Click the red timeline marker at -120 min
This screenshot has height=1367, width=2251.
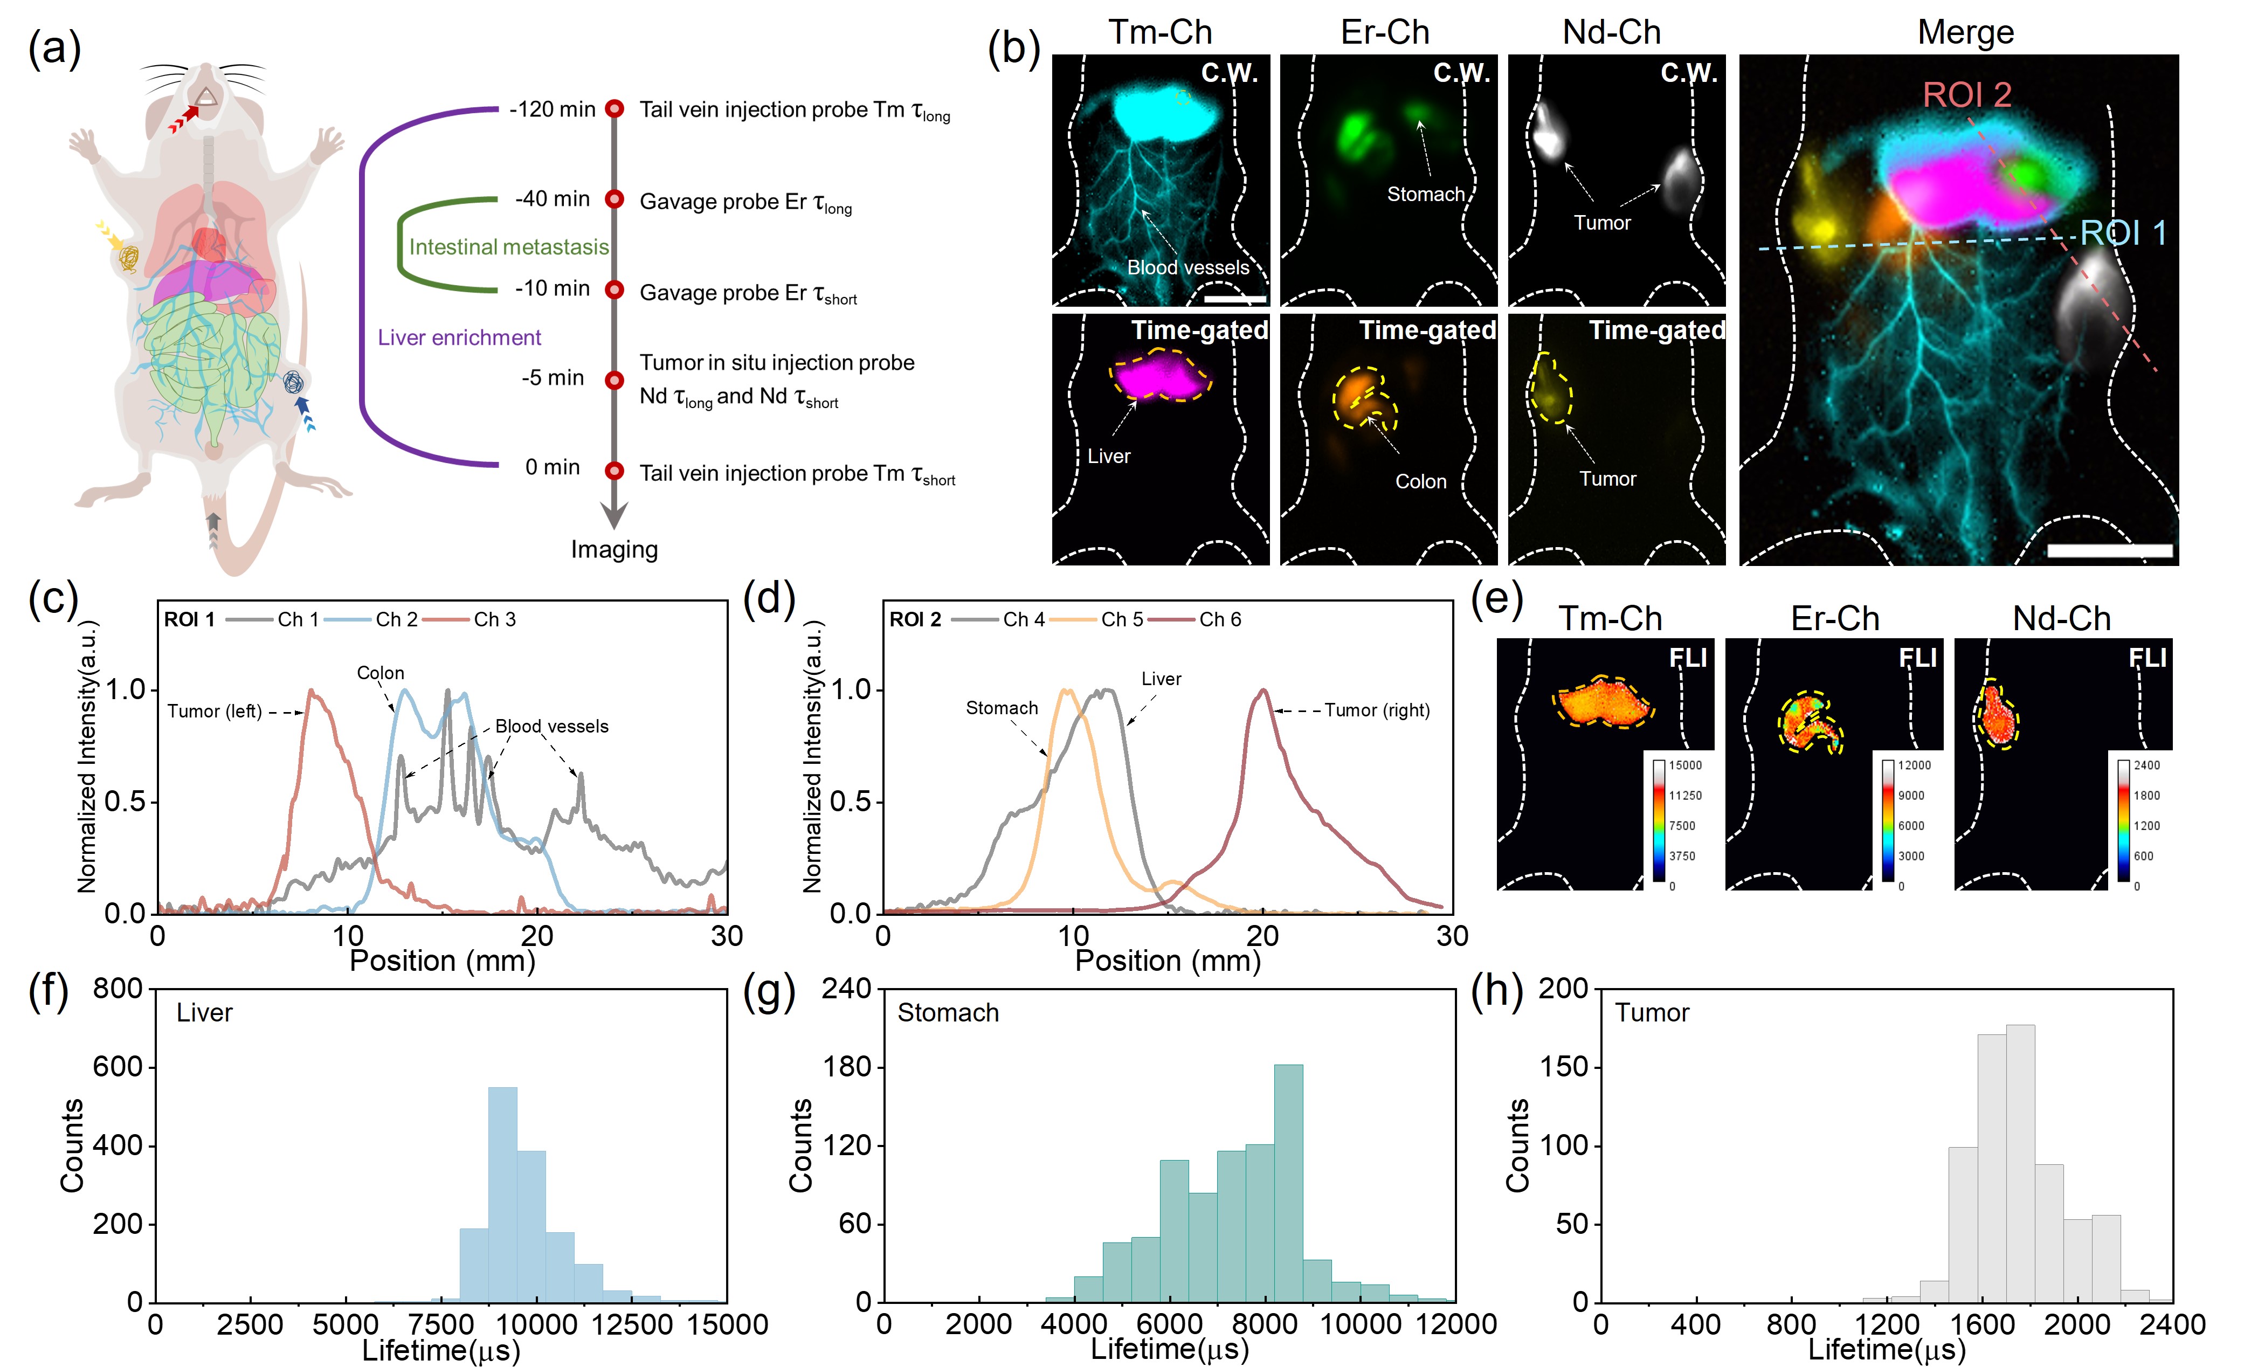click(615, 109)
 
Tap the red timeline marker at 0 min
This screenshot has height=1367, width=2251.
click(615, 471)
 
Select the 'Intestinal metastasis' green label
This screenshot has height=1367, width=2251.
click(509, 247)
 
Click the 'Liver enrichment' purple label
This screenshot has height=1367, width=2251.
click(459, 337)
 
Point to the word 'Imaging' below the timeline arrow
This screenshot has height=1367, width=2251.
click(614, 549)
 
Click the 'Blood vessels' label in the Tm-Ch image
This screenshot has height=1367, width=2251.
click(1187, 268)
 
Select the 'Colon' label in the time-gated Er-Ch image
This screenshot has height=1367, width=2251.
click(1420, 481)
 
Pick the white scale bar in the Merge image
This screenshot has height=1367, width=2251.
click(2109, 550)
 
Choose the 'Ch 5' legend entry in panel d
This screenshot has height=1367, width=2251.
click(1122, 619)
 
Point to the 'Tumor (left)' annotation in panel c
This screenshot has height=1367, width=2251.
click(215, 711)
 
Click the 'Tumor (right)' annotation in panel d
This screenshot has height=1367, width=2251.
click(1377, 710)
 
